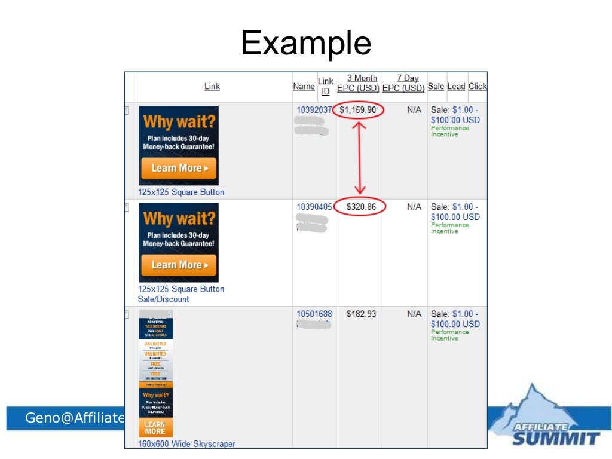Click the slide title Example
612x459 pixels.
pyautogui.click(x=306, y=43)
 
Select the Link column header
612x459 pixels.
pyautogui.click(x=212, y=87)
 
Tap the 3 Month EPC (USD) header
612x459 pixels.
pyautogui.click(x=359, y=83)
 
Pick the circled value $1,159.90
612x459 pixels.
pyautogui.click(x=358, y=111)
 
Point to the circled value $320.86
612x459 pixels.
pyautogui.click(x=360, y=207)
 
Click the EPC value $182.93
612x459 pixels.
pyautogui.click(x=361, y=314)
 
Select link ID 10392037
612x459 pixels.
pyautogui.click(x=314, y=110)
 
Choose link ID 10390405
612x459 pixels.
pyautogui.click(x=314, y=207)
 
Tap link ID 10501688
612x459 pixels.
pyautogui.click(x=314, y=314)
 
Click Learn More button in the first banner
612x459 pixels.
pyautogui.click(x=179, y=168)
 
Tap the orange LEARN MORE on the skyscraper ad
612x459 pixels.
pyautogui.click(x=155, y=427)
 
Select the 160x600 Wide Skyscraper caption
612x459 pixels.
pyautogui.click(x=186, y=444)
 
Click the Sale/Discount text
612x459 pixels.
pyautogui.click(x=163, y=299)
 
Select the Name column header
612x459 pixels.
pyautogui.click(x=304, y=87)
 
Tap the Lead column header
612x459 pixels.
pyautogui.click(x=456, y=87)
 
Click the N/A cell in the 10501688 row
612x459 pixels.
pyautogui.click(x=414, y=314)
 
